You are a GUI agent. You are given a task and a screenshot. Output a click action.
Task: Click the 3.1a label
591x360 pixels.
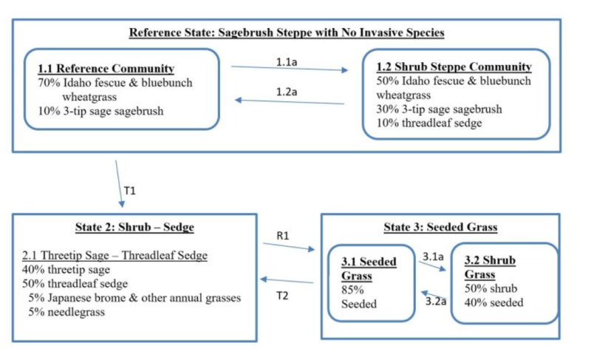tap(433, 257)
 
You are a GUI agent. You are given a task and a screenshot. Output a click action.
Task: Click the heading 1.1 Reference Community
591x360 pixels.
tap(106, 69)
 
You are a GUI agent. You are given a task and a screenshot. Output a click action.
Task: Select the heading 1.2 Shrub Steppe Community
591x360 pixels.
tap(454, 67)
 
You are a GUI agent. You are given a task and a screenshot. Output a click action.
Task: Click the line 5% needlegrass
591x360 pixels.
tap(66, 312)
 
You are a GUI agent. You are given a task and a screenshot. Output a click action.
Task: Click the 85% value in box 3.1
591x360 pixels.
tap(349, 291)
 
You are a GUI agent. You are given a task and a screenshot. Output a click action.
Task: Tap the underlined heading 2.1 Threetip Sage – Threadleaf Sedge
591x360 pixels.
tap(116, 257)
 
